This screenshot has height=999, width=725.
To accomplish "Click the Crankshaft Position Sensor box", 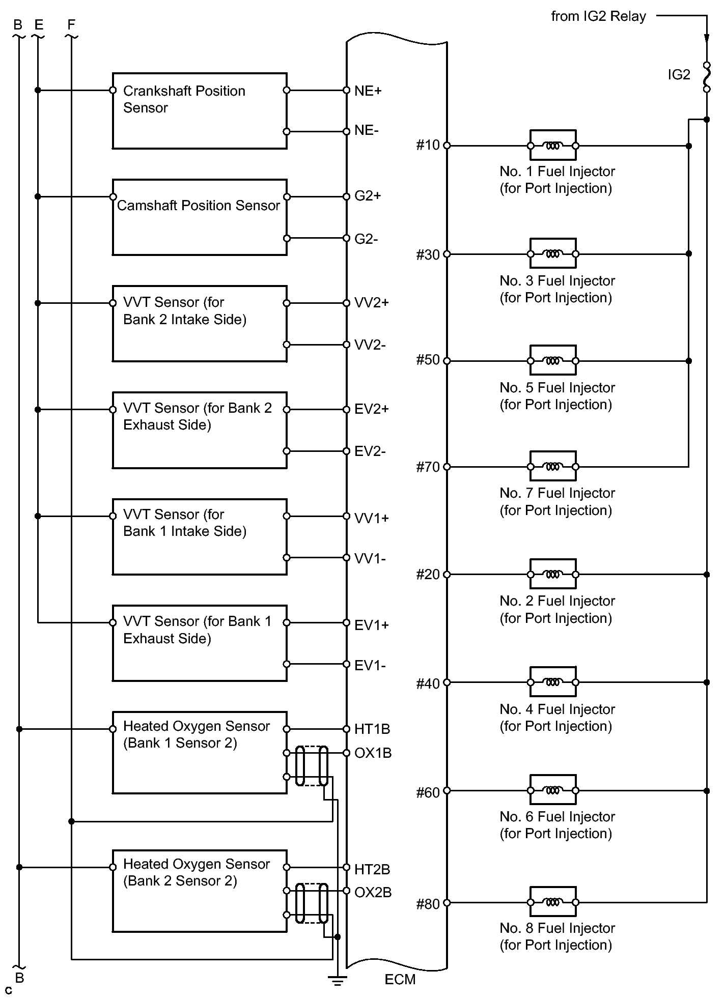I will [x=199, y=111].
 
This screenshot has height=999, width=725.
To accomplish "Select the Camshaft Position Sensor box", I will [x=199, y=217].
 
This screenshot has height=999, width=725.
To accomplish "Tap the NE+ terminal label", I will [x=368, y=91].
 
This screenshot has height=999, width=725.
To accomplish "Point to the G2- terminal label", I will [x=367, y=239].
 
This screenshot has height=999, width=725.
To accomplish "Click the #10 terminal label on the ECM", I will [x=428, y=146].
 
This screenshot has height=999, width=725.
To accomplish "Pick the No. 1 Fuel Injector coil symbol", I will [x=553, y=146].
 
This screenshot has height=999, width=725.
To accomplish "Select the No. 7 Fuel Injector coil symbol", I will [x=553, y=466].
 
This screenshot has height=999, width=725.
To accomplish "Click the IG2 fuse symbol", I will [x=707, y=77].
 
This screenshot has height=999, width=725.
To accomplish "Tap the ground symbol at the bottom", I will [x=337, y=980].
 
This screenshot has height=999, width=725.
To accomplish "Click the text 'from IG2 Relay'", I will [x=598, y=17].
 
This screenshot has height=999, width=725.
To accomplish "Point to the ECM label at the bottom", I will [x=400, y=980].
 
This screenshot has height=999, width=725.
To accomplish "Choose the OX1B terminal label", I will [x=373, y=753].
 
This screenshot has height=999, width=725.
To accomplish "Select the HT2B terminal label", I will [x=372, y=870].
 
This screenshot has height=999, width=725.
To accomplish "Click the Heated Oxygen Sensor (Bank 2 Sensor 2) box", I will [x=199, y=891].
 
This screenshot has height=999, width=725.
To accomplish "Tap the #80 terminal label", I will [x=428, y=904].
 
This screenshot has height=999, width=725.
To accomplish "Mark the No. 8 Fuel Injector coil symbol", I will [x=553, y=902].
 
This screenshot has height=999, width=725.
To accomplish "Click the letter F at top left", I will [x=71, y=24].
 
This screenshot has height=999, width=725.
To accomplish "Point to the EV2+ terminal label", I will [x=372, y=410].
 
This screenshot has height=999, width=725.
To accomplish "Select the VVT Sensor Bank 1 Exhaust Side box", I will [x=199, y=643].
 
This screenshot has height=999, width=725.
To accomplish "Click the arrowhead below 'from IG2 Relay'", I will [x=707, y=38].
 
